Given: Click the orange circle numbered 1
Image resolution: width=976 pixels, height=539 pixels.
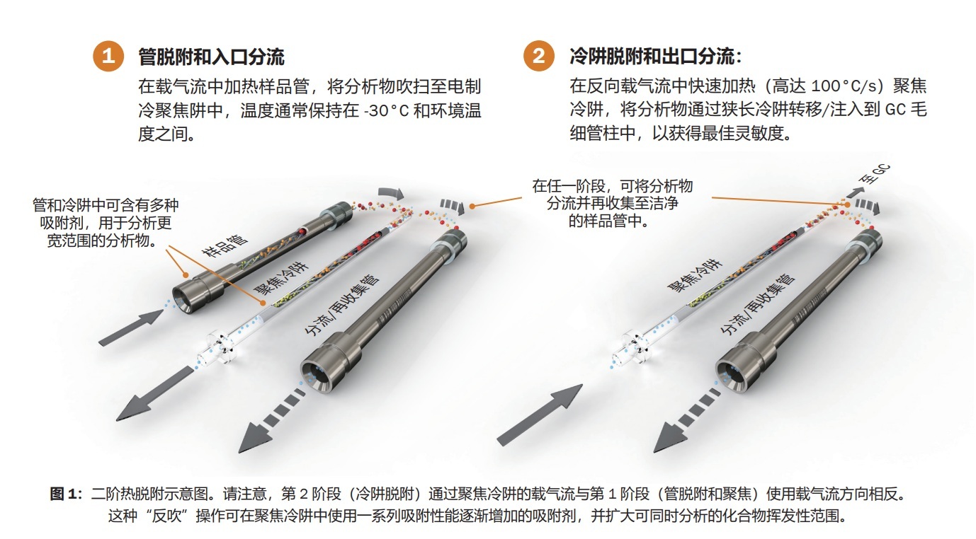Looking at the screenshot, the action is pos(108,56).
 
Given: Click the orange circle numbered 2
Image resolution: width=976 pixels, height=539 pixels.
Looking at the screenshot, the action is pos(539,56).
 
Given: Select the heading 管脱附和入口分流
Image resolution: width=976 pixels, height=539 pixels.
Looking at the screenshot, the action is pos(211,57).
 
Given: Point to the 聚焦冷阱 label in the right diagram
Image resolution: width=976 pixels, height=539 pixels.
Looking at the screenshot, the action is pos(695,275).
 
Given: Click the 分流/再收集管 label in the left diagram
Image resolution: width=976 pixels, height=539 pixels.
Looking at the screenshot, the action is pos(342,305).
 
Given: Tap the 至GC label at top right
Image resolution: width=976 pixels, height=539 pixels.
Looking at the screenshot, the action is pos(874,174).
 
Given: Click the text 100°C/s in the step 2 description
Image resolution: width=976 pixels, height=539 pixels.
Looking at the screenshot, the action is pos(844,86).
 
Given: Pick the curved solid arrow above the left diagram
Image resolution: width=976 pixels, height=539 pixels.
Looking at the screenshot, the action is pos(392,194).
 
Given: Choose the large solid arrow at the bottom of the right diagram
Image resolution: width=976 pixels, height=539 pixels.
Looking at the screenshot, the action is pos(540,415).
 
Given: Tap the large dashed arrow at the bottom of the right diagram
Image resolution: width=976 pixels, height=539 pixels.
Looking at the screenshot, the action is pos(687,420).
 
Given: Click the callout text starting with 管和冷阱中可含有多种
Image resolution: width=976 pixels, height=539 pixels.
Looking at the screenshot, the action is pos(106,223).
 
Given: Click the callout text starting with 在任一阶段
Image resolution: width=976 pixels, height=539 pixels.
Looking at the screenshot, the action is pos(612,204).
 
